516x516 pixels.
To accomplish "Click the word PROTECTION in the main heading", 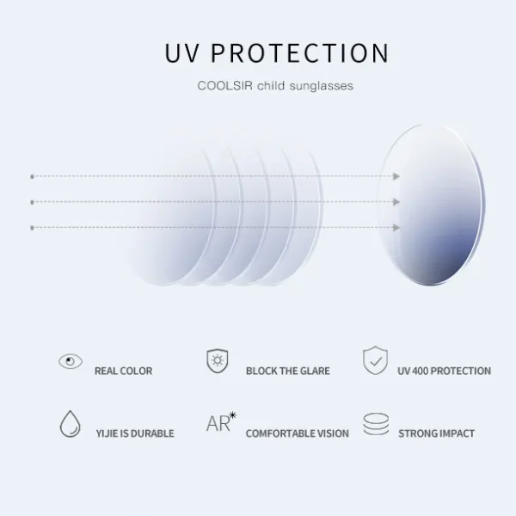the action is coord(300,52).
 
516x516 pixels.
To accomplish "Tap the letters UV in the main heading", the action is coord(182,52).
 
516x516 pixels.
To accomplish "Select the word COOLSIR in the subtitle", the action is coord(224,85).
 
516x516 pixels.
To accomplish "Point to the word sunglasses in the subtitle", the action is coord(321,86).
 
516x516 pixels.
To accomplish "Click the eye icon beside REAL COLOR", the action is coord(71,361).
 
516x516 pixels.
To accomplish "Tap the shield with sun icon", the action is coord(218,361).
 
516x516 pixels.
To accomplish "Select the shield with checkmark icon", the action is coord(375,360).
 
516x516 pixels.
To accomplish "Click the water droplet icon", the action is coord(71,423).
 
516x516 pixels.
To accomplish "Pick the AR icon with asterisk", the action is coord(221,422).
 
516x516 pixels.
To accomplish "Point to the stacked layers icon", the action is coord(376,424).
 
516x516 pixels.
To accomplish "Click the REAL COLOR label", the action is coord(123,371).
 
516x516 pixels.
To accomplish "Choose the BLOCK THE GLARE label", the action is coord(288,371).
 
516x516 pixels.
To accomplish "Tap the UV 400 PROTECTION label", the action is coord(445,371).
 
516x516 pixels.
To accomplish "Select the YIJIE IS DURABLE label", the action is coord(135,433).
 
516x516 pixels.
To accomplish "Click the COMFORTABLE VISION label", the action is coord(298,433).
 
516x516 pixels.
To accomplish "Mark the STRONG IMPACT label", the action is coord(436,433).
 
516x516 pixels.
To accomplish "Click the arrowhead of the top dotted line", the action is coord(396,176).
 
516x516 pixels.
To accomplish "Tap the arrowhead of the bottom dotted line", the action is coord(396,227).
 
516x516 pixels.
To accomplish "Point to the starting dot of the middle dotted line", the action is coord(32,202).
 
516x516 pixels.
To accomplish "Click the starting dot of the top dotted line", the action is coord(32,176).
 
